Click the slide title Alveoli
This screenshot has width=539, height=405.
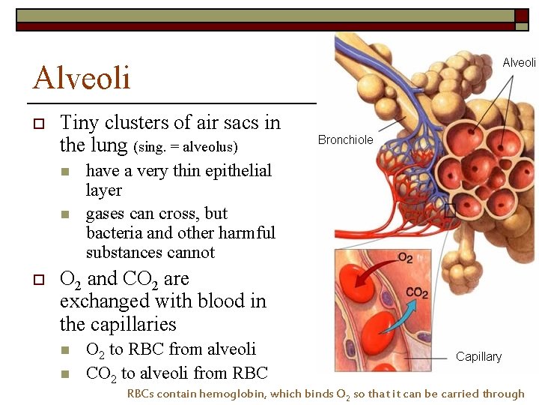point(82,77)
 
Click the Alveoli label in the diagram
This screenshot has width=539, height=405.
point(518,62)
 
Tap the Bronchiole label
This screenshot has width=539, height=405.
point(345,139)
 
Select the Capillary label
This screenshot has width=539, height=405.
point(478,356)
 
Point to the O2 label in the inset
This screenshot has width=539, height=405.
point(405,258)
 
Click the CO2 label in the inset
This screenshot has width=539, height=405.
point(417,293)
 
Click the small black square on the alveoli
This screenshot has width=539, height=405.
point(449,211)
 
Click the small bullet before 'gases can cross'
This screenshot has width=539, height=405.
point(66,214)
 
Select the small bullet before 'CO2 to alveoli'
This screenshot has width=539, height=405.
point(66,373)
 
